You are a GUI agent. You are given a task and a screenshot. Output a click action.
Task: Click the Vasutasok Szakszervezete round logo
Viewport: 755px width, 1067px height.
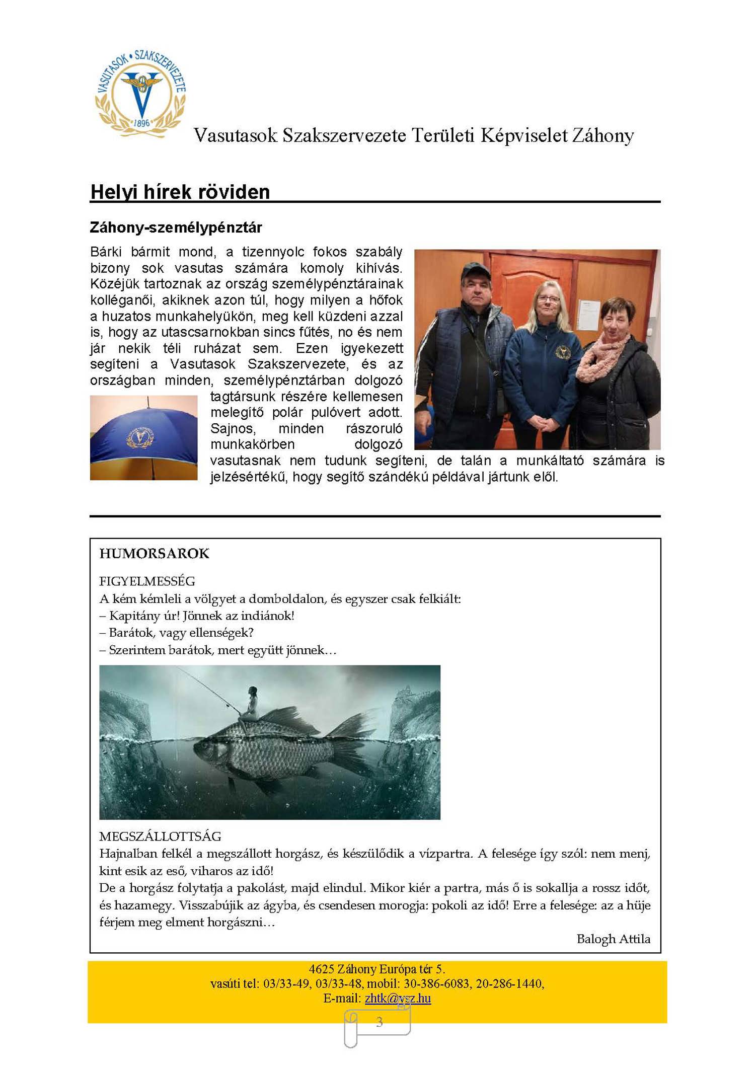coord(140,93)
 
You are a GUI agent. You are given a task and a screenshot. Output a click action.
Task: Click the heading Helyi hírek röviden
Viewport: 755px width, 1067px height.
coord(180,192)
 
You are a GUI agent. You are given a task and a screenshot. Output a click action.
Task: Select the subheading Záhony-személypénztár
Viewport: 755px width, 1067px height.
coord(176,227)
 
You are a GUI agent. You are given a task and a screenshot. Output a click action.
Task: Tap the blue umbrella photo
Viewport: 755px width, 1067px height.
coord(143,437)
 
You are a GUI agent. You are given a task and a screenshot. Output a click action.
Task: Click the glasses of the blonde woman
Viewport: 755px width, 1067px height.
coord(548,298)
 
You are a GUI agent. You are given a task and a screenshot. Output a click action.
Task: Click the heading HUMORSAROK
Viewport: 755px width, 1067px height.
coord(154,554)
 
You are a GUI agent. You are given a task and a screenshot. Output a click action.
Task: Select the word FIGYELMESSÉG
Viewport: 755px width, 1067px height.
coord(147,581)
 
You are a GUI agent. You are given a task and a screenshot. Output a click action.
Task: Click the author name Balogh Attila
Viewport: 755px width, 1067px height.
coord(613,939)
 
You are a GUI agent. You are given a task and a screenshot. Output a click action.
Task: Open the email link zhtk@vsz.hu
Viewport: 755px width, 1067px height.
coord(398,998)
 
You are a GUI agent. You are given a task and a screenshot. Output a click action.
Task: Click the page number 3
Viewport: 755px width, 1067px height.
coord(379,1022)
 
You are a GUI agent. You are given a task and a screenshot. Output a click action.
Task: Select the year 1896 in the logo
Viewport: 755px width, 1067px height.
coord(141,123)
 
